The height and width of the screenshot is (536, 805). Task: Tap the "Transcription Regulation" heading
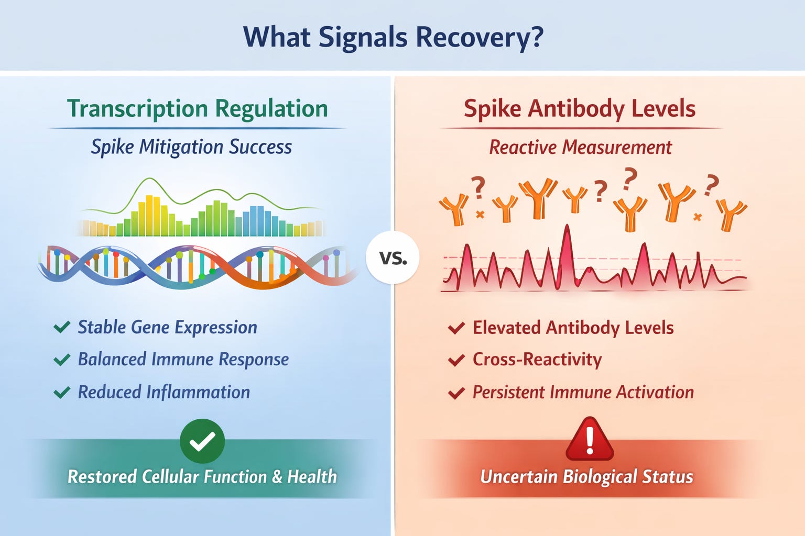(198, 109)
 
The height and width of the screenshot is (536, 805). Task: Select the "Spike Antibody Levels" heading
(580, 109)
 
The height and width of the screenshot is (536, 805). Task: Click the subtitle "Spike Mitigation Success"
(191, 147)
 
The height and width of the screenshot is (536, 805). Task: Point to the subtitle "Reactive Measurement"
(580, 148)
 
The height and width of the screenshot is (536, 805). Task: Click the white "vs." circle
(393, 258)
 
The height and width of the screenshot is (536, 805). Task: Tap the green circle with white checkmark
(202, 441)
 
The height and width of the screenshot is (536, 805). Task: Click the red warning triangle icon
(590, 440)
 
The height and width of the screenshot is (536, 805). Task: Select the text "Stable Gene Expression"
(167, 327)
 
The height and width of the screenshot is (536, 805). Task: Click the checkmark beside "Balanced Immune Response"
(62, 360)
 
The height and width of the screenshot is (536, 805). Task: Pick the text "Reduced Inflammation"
(164, 392)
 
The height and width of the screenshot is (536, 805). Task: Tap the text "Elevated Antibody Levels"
(573, 328)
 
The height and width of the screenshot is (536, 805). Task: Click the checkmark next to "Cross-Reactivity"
(456, 360)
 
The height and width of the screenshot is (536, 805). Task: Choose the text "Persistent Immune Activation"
(583, 392)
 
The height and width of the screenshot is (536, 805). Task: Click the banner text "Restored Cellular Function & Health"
(202, 477)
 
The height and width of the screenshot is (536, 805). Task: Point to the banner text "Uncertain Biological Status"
(586, 477)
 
